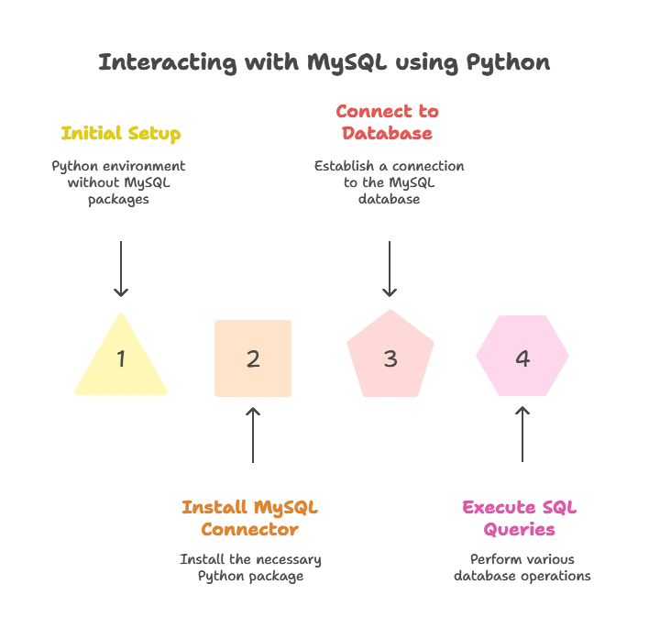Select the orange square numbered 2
[x=253, y=358]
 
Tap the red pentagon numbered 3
[x=390, y=354]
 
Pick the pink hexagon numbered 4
[x=522, y=356]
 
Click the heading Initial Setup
[x=121, y=134]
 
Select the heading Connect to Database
[x=388, y=123]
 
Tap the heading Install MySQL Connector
[x=250, y=519]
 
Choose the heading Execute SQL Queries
[x=520, y=519]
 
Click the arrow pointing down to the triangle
[x=121, y=270]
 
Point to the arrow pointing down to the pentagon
[x=390, y=270]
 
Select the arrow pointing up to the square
[x=253, y=435]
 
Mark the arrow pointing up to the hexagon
[x=522, y=434]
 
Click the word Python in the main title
[x=508, y=63]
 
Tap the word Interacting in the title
[x=168, y=63]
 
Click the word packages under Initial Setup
[x=118, y=200]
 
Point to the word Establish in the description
[x=344, y=166]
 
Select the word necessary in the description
[x=286, y=560]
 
